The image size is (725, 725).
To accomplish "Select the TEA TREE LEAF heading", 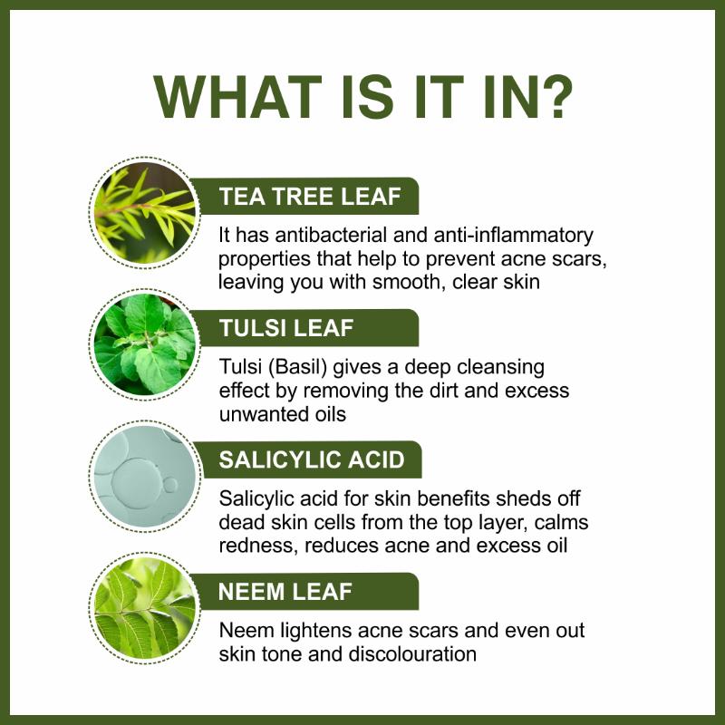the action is coord(310,196).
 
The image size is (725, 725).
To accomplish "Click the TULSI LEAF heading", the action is coord(286,328).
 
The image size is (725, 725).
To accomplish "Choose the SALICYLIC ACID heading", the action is coord(312,459).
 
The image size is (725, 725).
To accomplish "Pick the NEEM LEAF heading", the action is coord(285,592).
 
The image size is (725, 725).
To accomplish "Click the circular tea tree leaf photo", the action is coord(144,213).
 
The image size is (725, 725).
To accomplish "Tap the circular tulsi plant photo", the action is coord(144,344).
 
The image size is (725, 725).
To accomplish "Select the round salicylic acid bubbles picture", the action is coord(145,477).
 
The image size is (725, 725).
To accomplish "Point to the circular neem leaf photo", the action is coord(144,608).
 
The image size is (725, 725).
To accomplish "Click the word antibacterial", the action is coord(331,235).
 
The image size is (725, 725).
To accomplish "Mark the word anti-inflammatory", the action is coord(513,236).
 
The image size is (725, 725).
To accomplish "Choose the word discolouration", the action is coord(412,654).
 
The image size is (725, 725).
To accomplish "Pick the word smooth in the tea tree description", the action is coord(406,282).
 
